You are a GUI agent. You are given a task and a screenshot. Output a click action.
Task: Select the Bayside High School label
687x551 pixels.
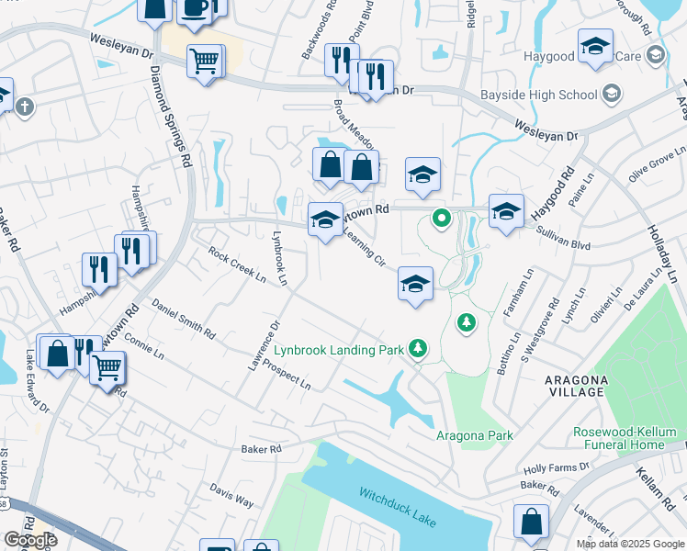pos(538,95)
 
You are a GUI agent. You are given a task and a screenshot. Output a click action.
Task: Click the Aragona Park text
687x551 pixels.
pos(474,435)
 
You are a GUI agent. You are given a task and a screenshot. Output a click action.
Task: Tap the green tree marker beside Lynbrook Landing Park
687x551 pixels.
pos(419,347)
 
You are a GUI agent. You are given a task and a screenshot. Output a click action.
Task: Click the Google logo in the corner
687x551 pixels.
pos(30,540)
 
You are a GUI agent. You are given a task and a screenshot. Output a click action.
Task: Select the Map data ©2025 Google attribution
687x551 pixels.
pos(630,544)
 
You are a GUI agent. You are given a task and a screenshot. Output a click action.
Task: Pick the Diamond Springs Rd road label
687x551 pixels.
pos(172,117)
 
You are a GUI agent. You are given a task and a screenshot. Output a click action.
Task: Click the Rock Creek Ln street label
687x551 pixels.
pos(236,265)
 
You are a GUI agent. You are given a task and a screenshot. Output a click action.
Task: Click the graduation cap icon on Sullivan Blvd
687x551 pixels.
pos(505,210)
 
